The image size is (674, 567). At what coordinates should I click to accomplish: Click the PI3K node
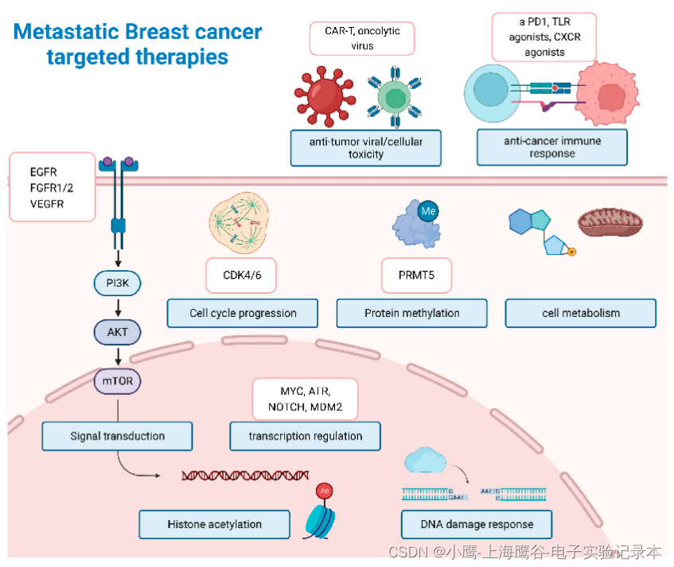[118, 281]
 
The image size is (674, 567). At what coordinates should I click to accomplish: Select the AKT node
[118, 331]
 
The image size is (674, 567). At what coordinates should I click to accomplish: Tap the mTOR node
[118, 381]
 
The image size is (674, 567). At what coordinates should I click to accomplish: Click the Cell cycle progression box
[243, 313]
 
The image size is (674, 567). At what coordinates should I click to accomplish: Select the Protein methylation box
[411, 313]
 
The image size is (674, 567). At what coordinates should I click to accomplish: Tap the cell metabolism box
[580, 313]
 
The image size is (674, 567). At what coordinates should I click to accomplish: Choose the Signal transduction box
[117, 436]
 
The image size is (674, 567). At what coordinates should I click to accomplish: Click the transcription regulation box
[305, 436]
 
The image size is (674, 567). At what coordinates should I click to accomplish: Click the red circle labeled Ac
[324, 491]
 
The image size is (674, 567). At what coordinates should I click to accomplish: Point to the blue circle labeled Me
[429, 210]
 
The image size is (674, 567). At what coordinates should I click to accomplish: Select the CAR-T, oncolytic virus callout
[362, 38]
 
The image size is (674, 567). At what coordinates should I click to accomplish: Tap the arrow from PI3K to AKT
[118, 307]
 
